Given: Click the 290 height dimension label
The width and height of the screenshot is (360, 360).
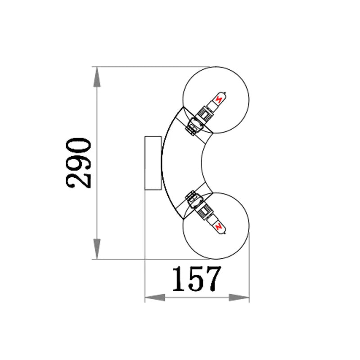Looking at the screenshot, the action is pyautogui.click(x=78, y=163).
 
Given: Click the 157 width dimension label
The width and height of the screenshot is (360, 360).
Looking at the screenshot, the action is pyautogui.click(x=197, y=279).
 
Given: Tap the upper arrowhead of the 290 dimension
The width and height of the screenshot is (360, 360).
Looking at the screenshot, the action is pyautogui.click(x=97, y=77).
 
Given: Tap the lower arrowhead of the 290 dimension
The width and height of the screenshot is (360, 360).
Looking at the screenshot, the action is pyautogui.click(x=97, y=249).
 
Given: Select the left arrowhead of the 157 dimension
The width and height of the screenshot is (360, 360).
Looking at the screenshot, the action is pyautogui.click(x=155, y=297).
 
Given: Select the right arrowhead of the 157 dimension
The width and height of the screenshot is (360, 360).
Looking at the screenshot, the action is pyautogui.click(x=239, y=297).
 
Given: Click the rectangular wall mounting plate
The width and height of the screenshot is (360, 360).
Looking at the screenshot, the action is pyautogui.click(x=153, y=163).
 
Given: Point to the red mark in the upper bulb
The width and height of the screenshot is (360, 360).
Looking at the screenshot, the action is pyautogui.click(x=219, y=99).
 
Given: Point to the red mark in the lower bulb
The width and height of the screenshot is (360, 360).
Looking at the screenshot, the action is pyautogui.click(x=219, y=227).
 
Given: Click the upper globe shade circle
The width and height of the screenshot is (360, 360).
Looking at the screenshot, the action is pyautogui.click(x=216, y=67).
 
